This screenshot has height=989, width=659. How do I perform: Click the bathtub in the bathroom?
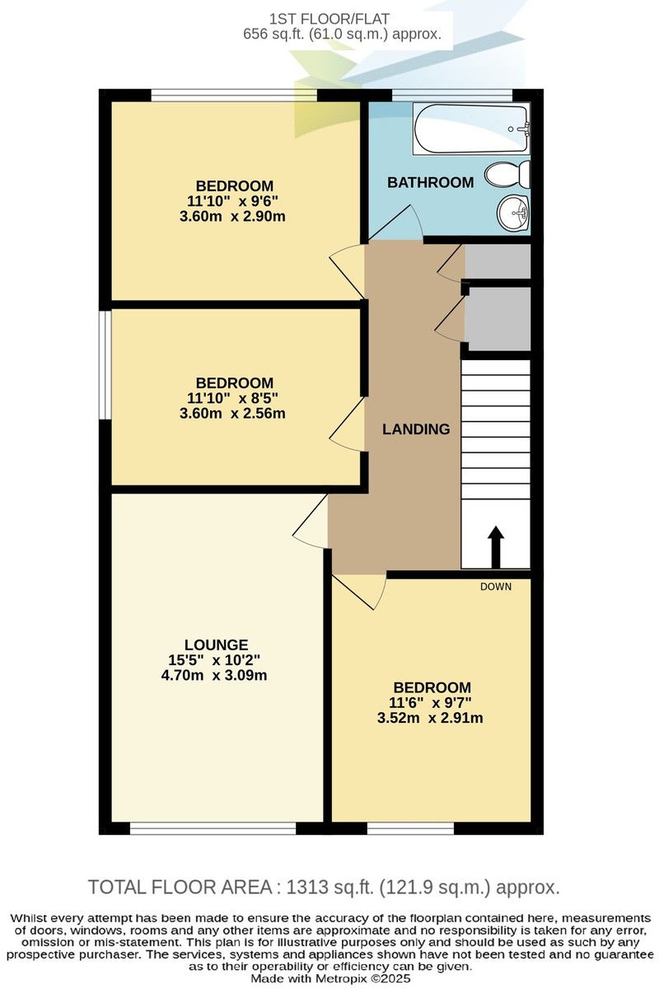pyautogui.click(x=471, y=129)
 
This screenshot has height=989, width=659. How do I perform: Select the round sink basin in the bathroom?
pyautogui.click(x=513, y=215)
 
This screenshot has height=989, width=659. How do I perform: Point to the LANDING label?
pyautogui.click(x=416, y=429)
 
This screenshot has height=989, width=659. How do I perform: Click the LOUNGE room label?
pyautogui.click(x=217, y=644)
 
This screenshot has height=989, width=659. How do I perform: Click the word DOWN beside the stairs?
pyautogui.click(x=496, y=587)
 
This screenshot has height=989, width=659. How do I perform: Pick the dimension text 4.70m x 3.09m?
pyautogui.click(x=217, y=675)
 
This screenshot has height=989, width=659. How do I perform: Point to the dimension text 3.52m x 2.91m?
pyautogui.click(x=432, y=718)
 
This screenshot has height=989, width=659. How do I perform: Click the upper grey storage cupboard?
pyautogui.click(x=498, y=261)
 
